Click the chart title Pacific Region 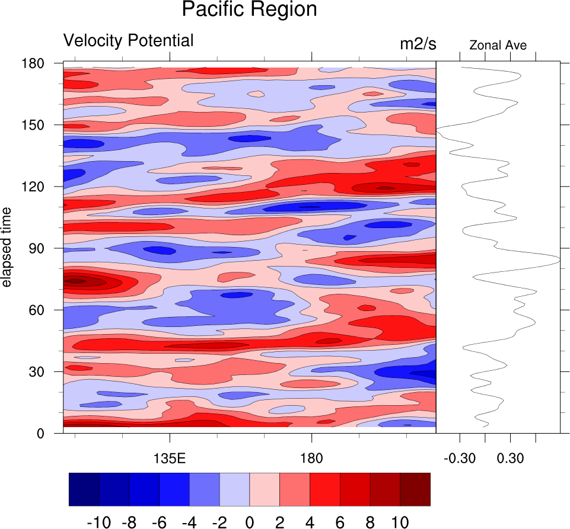[x=249, y=10]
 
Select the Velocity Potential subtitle [x=128, y=41]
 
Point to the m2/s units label [x=418, y=44]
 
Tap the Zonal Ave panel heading [x=498, y=45]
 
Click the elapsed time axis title [x=7, y=248]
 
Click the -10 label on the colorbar [x=98, y=522]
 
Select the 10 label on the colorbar [x=400, y=522]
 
